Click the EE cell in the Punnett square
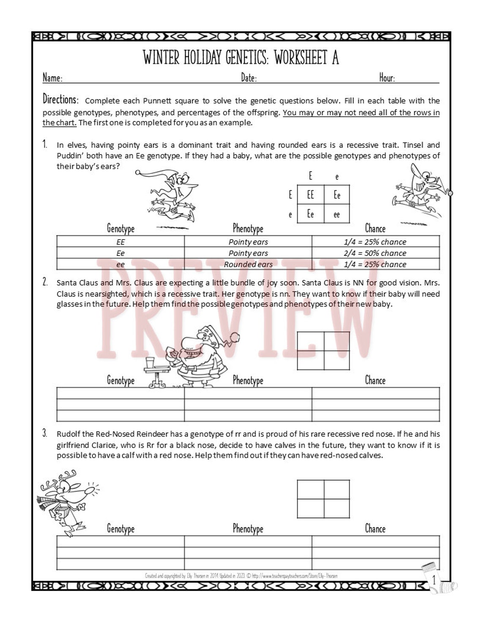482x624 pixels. coord(310,195)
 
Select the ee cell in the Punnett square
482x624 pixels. coord(337,214)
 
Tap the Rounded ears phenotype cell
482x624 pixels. coord(248,264)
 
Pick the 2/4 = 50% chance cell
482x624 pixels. coord(375,253)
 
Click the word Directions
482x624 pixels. coord(60,100)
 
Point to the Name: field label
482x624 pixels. coord(52,78)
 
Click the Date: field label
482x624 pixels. coord(249,78)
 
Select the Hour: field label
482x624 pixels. coord(387,78)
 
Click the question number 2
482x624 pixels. coord(45,282)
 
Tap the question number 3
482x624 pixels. coord(45,433)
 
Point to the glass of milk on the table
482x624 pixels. coord(150,363)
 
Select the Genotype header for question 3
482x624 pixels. coord(120,528)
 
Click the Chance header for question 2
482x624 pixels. coord(375,380)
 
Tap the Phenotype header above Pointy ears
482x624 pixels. coord(248,229)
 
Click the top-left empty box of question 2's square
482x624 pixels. coord(310,341)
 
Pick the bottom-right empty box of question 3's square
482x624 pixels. coord(337,508)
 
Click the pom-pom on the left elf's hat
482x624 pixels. coord(138,173)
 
